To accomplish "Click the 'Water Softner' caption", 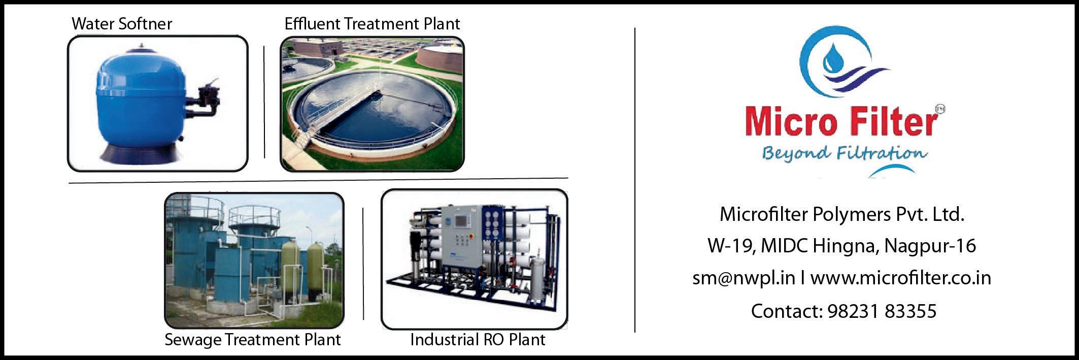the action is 122,23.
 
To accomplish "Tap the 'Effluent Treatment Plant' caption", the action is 372,23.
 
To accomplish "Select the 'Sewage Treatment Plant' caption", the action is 253,340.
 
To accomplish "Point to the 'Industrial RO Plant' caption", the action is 478,339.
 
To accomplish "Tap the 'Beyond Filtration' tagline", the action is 844,154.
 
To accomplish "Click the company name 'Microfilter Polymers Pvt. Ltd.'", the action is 841,214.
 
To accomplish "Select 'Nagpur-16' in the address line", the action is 930,247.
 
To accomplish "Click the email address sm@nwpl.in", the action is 744,278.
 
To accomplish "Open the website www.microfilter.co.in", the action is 900,278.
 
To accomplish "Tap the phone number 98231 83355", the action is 882,311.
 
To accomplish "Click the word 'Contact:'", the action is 787,311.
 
